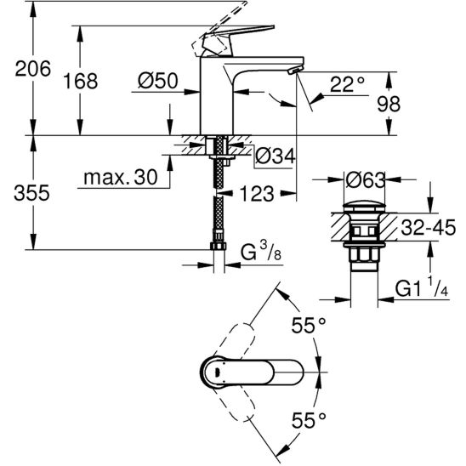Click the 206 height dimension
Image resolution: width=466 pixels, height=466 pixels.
33,69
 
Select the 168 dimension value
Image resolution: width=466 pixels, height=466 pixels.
81,81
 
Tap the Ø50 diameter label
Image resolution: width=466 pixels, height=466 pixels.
158,80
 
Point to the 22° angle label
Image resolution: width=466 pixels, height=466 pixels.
347,84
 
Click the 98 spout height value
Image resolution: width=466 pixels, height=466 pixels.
389,104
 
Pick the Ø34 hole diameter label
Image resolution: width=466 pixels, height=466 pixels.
276,156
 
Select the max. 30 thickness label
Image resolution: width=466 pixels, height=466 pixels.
121,178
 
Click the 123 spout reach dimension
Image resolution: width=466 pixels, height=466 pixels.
257,194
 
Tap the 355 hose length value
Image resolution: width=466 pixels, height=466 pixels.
31,193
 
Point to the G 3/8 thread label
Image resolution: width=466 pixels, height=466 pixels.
261,252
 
